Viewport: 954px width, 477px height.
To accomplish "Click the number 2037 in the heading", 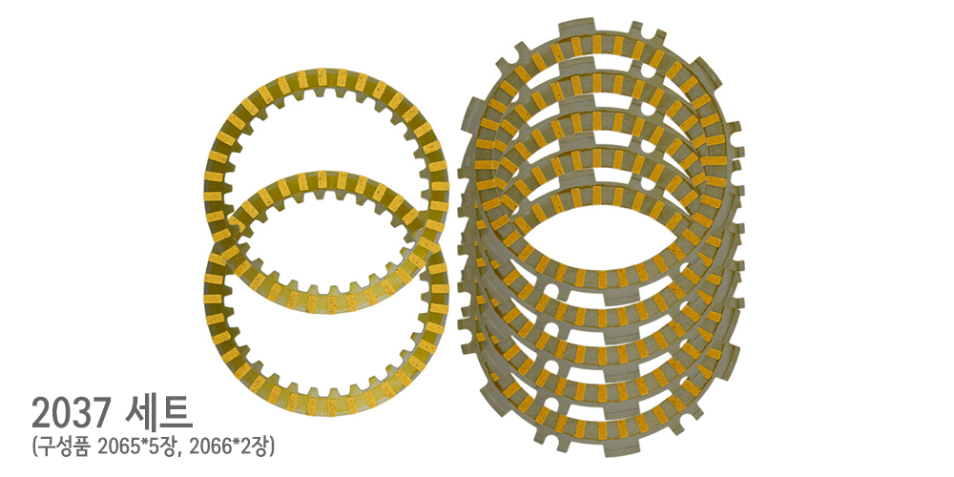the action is [72, 413].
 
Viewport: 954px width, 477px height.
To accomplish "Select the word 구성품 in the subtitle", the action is [63, 447].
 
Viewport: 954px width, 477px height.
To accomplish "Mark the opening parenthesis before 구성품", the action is [35, 447].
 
